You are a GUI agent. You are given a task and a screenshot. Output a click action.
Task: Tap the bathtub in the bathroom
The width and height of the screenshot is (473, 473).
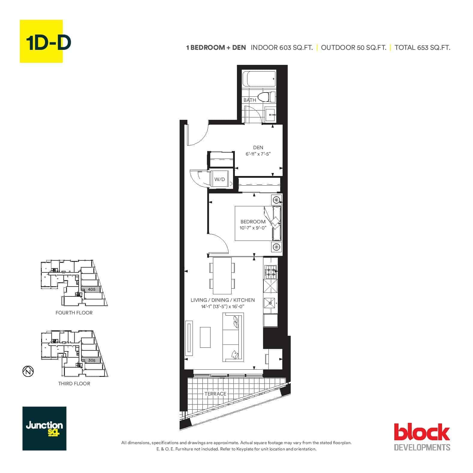click(259, 79)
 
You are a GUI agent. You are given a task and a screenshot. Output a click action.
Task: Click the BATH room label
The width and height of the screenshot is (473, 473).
click(250, 100)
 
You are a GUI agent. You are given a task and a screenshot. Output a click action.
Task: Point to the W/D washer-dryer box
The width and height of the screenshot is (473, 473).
click(220, 179)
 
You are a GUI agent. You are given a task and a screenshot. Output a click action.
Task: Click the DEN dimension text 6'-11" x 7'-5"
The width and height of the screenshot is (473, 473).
click(258, 154)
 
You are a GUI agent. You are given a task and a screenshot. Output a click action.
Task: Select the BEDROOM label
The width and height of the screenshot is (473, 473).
click(253, 222)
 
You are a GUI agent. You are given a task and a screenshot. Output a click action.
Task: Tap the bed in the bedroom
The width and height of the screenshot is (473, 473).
click(258, 223)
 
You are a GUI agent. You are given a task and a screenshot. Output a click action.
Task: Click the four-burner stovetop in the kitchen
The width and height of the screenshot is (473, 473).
click(270, 272)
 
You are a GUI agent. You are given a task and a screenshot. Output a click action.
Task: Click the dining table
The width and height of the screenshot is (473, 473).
click(222, 276)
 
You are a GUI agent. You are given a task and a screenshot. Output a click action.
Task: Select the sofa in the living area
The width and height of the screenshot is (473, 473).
click(233, 337)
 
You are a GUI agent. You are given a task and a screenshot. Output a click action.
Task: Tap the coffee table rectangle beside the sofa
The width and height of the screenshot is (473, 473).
click(205, 337)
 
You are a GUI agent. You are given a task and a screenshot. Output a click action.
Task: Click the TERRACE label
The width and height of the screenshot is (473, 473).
click(215, 394)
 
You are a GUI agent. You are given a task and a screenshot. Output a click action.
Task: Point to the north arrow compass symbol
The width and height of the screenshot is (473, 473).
click(28, 371)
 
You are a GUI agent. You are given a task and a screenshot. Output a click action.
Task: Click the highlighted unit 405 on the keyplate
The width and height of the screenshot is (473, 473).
click(91, 289)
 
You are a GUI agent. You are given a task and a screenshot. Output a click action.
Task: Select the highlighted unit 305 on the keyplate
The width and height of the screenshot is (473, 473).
click(91, 360)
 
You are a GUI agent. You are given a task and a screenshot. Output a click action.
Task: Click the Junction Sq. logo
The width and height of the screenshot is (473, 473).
click(44, 429)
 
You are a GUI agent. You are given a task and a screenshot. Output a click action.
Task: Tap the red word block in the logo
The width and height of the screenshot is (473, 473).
click(422, 432)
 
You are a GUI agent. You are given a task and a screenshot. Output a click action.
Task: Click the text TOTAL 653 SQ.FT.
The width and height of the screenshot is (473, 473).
click(422, 47)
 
